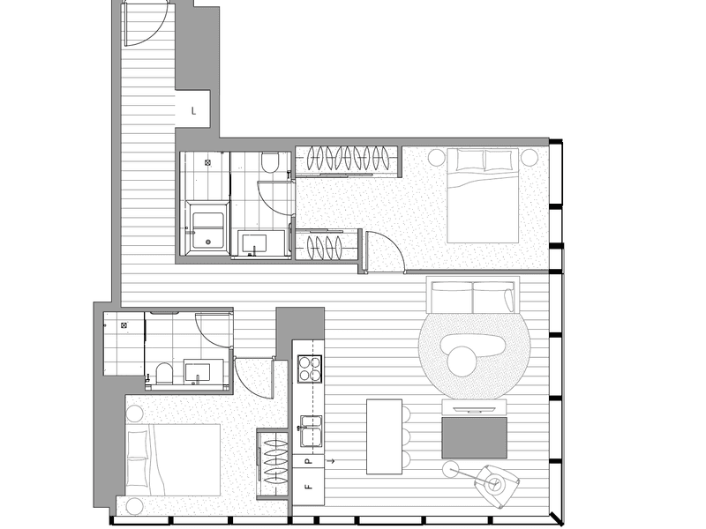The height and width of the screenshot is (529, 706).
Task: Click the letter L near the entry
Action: pyautogui.click(x=193, y=111)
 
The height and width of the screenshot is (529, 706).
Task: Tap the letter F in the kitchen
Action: pyautogui.click(x=308, y=486)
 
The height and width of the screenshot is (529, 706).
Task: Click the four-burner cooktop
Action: pyautogui.click(x=309, y=368)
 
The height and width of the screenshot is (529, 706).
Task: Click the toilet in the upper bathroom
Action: pyautogui.click(x=270, y=162)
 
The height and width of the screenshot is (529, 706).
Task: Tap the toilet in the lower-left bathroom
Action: pyautogui.click(x=162, y=374)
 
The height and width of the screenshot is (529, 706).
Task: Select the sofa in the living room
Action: pyautogui.click(x=472, y=297)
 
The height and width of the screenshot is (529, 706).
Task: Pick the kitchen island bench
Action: pyautogui.click(x=384, y=436)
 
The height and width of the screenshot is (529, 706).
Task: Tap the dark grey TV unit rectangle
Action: pyautogui.click(x=474, y=437)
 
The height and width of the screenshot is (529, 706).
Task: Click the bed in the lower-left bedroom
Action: pyautogui.click(x=173, y=458)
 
